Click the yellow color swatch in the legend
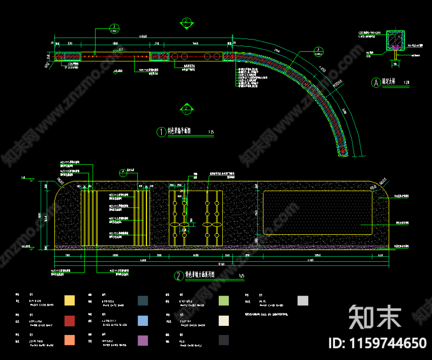tap(69, 300)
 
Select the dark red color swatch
tap(69, 321)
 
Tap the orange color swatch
tap(69, 340)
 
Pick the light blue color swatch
tap(143, 321)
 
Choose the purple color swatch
tap(143, 340)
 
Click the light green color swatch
tap(224, 300)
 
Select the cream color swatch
tap(224, 321)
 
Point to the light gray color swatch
tap(303, 300)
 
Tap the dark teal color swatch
tap(143, 300)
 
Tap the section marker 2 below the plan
tap(186, 108)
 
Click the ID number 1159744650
tap(378, 343)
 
